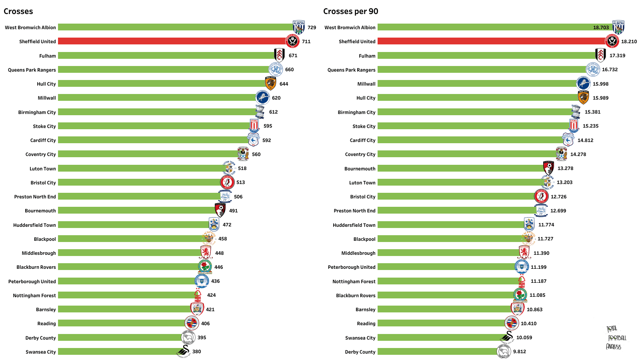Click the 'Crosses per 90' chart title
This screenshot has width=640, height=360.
pyautogui.click(x=350, y=12)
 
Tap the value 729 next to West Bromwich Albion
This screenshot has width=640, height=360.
pyautogui.click(x=312, y=28)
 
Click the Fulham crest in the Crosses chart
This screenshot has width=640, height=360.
pyautogui.click(x=279, y=55)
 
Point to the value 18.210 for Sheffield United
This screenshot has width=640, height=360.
pyautogui.click(x=629, y=42)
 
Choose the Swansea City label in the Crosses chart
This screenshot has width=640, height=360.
pyautogui.click(x=40, y=352)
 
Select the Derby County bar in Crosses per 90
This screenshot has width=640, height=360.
pyautogui.click(x=438, y=352)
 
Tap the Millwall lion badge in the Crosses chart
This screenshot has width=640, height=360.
pyautogui.click(x=262, y=98)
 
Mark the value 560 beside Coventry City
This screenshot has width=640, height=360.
pyautogui.click(x=256, y=154)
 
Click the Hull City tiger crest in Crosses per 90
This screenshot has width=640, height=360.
pyautogui.click(x=583, y=98)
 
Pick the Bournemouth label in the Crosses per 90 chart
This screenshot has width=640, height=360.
pyautogui.click(x=360, y=168)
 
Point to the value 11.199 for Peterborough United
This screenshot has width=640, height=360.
pyautogui.click(x=538, y=267)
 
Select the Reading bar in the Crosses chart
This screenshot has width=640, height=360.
pyautogui.click(x=122, y=323)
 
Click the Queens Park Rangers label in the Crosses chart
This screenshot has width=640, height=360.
pyautogui.click(x=32, y=70)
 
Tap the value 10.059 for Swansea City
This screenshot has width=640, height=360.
pyautogui.click(x=524, y=338)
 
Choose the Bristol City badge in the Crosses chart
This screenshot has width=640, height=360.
pyautogui.click(x=228, y=182)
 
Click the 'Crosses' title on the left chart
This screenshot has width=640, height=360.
pyautogui.click(x=18, y=12)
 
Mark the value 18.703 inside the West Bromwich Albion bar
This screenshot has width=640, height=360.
pyautogui.click(x=601, y=28)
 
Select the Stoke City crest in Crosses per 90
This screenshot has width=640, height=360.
pyautogui.click(x=574, y=126)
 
